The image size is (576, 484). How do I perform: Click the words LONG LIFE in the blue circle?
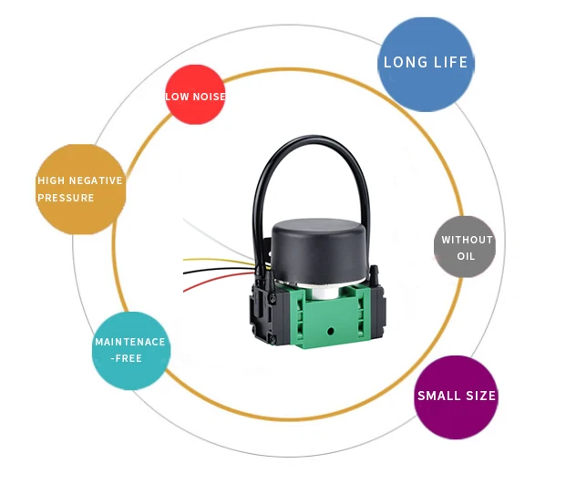point(426,63)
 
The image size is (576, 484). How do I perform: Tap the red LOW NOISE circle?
point(195,96)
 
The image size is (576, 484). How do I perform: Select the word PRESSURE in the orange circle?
point(66,198)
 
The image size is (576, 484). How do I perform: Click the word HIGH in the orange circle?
point(51,180)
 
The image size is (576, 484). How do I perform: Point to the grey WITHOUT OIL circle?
point(465,247)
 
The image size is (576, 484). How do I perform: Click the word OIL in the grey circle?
point(467,257)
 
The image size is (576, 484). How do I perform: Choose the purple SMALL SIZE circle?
point(456,396)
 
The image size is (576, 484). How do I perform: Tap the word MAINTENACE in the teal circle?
point(130,343)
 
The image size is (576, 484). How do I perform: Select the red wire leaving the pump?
point(219,286)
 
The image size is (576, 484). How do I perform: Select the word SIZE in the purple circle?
point(479,396)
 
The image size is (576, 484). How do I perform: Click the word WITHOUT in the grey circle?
point(467,240)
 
